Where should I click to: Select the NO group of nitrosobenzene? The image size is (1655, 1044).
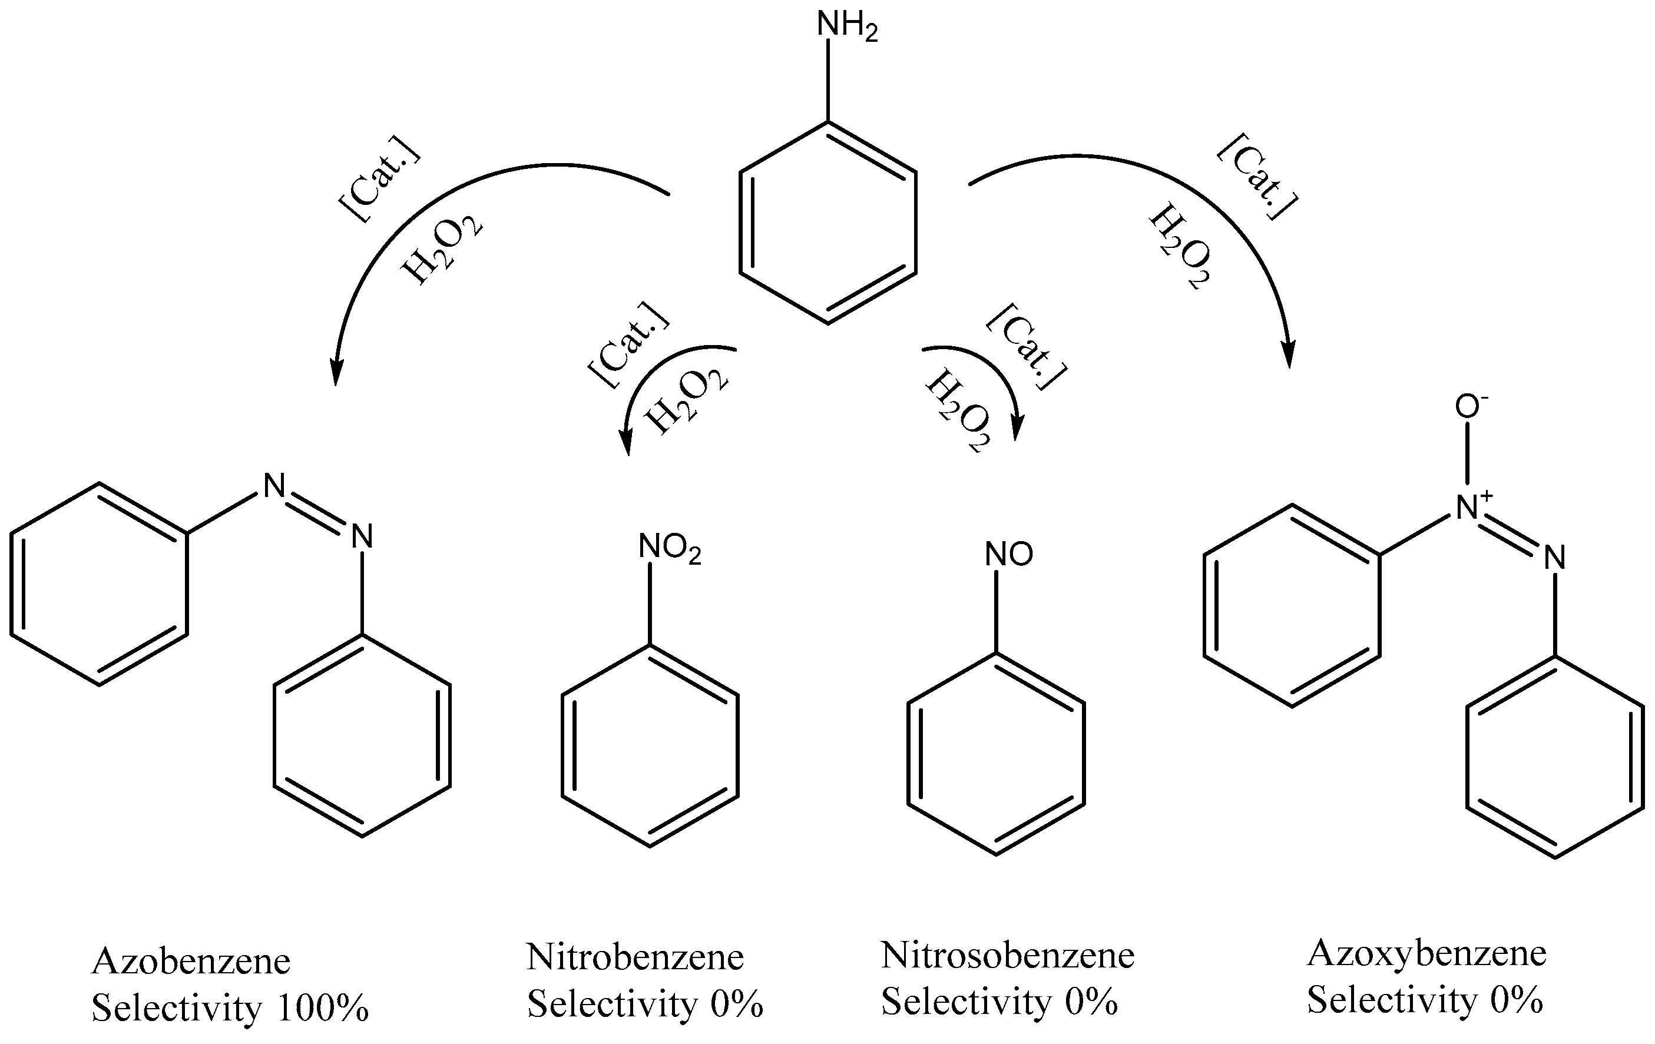click(x=1008, y=554)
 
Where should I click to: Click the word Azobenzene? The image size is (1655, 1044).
click(x=191, y=961)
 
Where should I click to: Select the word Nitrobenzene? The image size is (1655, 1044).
click(x=635, y=956)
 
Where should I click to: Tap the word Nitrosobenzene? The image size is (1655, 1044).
click(x=1008, y=954)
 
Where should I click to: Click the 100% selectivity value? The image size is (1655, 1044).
click(x=323, y=1007)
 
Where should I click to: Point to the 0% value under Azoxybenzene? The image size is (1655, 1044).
click(x=1516, y=999)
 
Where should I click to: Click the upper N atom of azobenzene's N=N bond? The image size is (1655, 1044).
click(x=274, y=485)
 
